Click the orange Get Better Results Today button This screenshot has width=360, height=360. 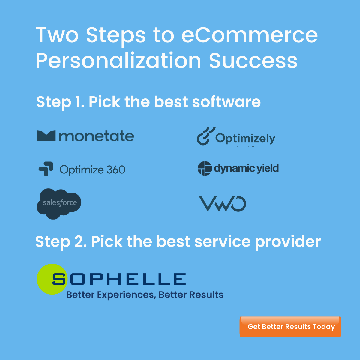290,327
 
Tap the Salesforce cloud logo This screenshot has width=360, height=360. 59,204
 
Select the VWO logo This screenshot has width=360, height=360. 222,204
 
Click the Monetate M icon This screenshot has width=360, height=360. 46,136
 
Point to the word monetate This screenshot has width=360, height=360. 96,136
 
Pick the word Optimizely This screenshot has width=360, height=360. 245,138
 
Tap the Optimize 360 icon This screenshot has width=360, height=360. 46,169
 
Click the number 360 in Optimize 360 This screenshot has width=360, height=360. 116,169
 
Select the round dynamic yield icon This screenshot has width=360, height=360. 205,168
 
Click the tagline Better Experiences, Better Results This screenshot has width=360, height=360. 145,295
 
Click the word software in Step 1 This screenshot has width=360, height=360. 226,102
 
